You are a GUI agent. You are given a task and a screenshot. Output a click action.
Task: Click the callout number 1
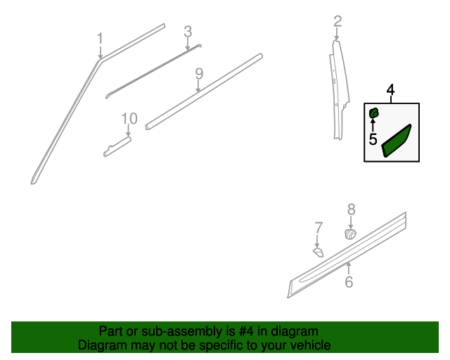[100, 38]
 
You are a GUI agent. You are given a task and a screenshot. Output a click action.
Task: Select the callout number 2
[337, 21]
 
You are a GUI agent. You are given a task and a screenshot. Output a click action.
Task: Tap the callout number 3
[188, 31]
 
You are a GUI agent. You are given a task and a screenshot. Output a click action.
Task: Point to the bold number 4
[390, 90]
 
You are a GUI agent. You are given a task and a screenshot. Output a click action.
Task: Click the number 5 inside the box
[373, 139]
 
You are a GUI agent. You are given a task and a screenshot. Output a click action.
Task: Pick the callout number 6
[349, 283]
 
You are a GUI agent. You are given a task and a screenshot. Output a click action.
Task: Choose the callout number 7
[319, 228]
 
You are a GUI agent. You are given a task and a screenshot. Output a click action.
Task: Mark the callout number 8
[351, 209]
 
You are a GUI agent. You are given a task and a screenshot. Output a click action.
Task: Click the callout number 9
[199, 74]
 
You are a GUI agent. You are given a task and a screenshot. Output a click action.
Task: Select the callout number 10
[129, 118]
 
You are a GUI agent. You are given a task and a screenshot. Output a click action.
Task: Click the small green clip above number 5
[374, 112]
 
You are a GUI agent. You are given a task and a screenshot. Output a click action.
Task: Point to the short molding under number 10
[117, 146]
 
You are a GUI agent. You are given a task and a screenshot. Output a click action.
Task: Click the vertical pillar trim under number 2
[338, 91]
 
